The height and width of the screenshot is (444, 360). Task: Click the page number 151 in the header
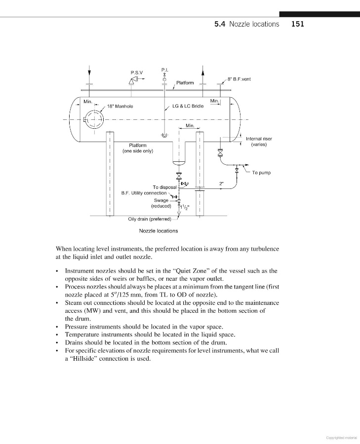point(298,24)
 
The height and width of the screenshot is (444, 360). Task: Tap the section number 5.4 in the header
point(221,24)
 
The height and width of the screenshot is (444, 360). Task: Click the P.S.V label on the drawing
point(137,73)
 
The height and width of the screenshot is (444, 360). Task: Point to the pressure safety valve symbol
point(133,83)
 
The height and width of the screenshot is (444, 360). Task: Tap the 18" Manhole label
point(120,106)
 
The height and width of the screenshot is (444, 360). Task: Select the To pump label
point(261,173)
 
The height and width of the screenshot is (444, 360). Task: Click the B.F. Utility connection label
point(144,193)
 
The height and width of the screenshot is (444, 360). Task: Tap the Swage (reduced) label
point(161,203)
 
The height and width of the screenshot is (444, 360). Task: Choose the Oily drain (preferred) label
point(149,219)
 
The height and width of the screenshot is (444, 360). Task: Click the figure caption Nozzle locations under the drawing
point(159,230)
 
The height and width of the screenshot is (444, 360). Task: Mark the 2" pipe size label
point(222,184)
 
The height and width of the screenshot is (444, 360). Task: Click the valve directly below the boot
point(179,176)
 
